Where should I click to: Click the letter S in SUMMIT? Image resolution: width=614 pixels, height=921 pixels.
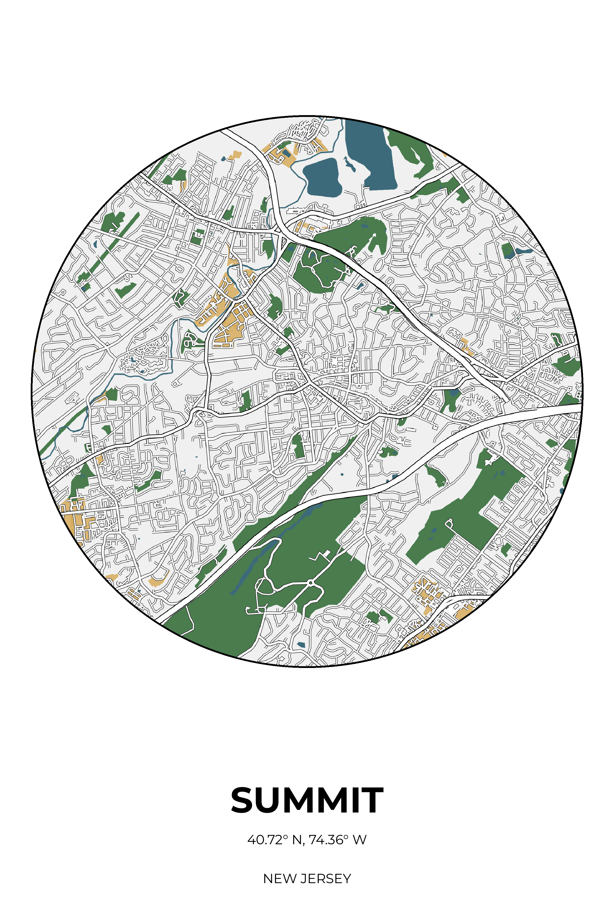point(244,801)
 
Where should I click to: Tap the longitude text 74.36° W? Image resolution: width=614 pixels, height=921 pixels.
point(337,840)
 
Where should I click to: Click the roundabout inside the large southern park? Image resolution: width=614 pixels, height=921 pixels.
point(311,583)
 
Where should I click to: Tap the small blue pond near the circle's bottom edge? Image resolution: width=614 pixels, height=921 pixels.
point(301,644)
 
